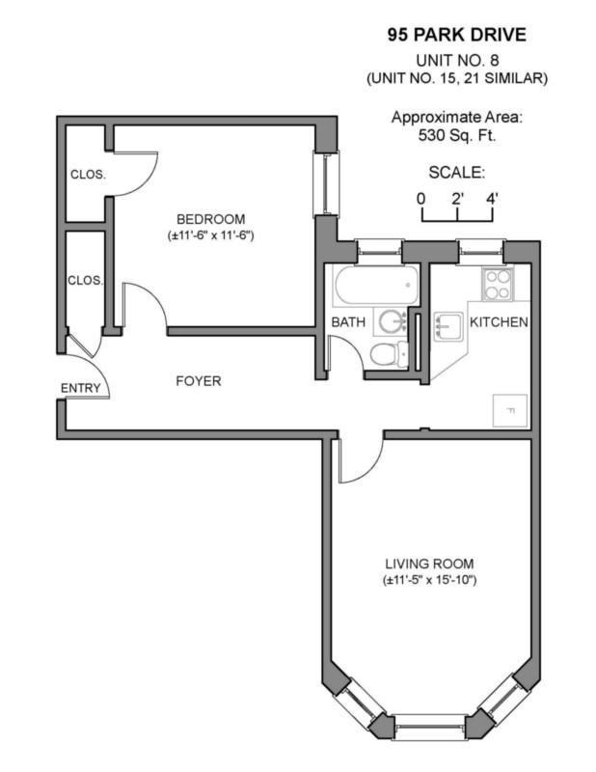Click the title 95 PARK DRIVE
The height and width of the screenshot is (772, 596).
457,35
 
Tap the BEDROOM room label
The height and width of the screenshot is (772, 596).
210,219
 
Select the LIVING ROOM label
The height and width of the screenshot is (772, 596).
429,564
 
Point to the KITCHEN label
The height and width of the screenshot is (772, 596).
499,322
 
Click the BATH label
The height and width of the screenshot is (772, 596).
348,322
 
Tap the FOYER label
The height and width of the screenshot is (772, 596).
199,381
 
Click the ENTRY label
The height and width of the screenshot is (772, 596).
80,388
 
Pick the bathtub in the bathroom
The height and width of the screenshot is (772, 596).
377,286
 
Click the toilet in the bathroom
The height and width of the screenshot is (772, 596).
389,353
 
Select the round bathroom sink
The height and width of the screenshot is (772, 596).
392,321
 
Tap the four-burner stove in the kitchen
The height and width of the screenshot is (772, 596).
497,285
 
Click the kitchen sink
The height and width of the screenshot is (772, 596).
447,326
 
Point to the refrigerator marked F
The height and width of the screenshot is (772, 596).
510,411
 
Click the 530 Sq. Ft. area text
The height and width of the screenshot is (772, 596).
457,135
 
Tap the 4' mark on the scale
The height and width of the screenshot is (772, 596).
492,199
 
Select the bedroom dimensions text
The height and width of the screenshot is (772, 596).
210,235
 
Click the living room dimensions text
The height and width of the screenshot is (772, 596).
429,580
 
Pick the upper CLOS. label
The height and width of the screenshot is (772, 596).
88,175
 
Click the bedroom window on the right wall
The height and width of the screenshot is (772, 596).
326,183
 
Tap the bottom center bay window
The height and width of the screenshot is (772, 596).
430,727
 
